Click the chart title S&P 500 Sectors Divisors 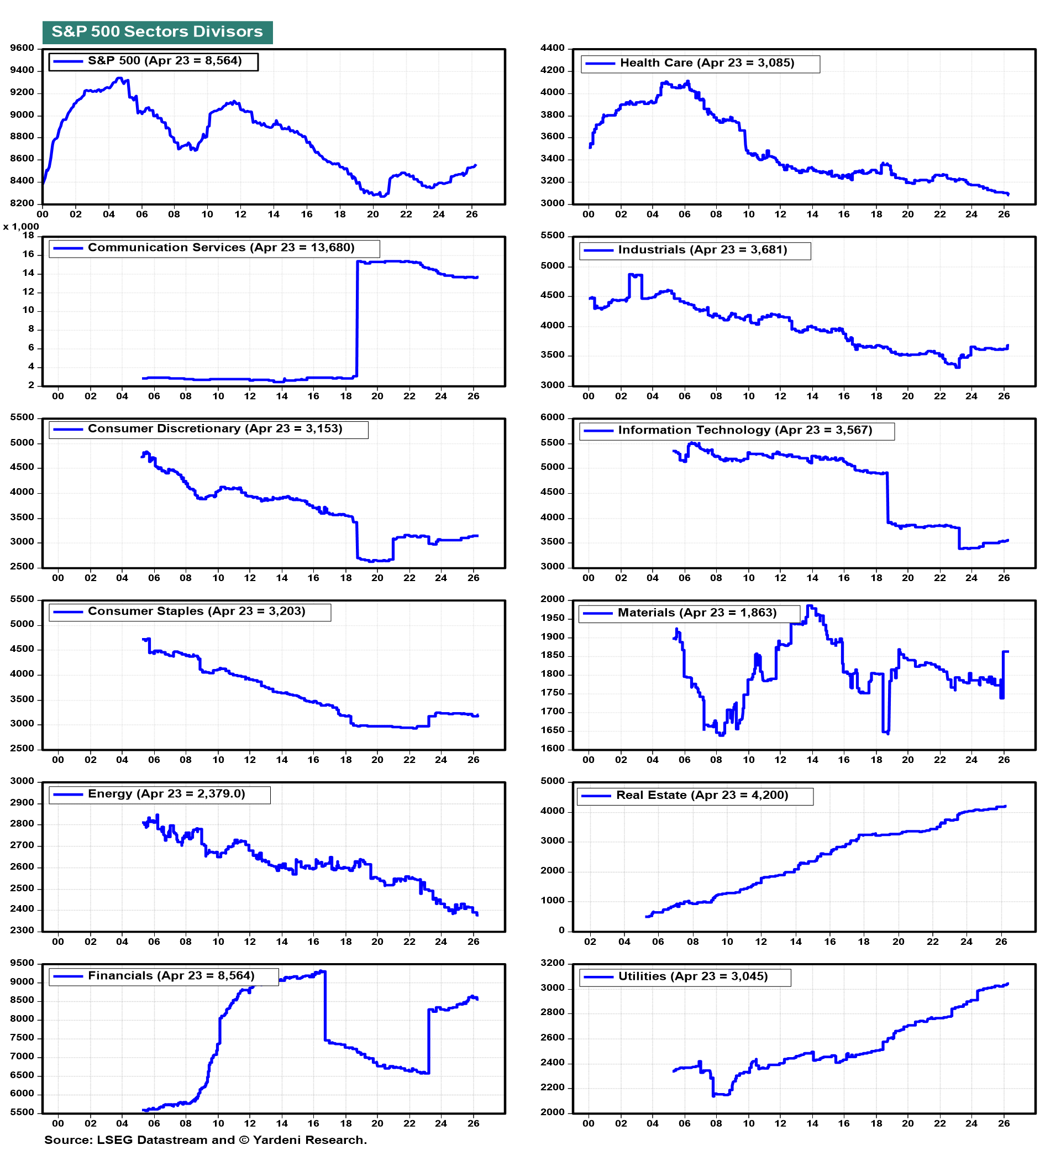coord(157,32)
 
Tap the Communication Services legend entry coord(221,248)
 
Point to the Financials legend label coord(171,976)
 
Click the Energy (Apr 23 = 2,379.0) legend coord(166,794)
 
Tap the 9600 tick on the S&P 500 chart coord(23,48)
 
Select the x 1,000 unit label coord(21,227)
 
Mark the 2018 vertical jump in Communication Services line coord(357,320)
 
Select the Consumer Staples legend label coord(196,611)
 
